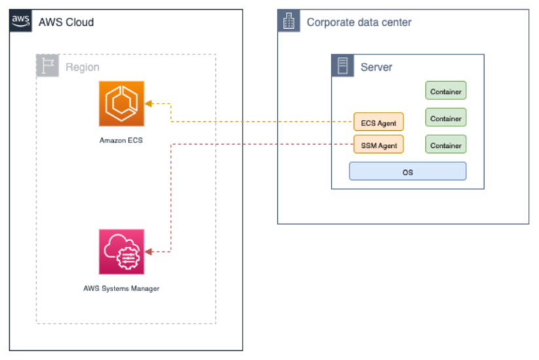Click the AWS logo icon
tap(21, 21)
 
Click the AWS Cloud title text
tap(66, 22)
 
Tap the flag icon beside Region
tap(47, 66)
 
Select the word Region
tap(82, 67)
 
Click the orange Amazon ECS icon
tap(121, 103)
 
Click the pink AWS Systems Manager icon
tap(121, 251)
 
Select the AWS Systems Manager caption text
tap(121, 288)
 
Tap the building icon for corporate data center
tap(288, 22)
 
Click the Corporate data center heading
tap(359, 22)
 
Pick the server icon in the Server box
tap(342, 66)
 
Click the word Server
tap(377, 67)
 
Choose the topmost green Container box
tap(445, 92)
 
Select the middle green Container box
tap(445, 118)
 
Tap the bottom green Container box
tap(445, 145)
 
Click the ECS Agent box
tap(378, 123)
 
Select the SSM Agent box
tap(378, 145)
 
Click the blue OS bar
tap(408, 172)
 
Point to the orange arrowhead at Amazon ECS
tap(148, 103)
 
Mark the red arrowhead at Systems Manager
tap(148, 251)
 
